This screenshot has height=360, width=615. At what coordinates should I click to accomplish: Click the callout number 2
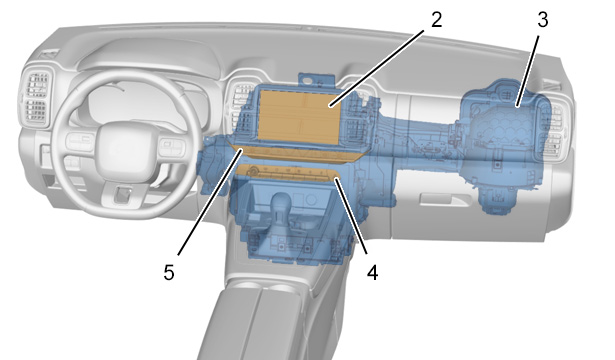[x=437, y=19]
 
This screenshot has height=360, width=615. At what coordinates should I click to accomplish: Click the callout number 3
[x=542, y=19]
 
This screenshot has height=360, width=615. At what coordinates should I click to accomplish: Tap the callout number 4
[x=373, y=272]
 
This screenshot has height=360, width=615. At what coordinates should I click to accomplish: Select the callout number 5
[x=169, y=272]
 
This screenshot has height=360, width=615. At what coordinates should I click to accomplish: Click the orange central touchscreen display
[x=300, y=116]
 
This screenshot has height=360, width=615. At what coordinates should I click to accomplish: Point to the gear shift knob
[x=283, y=203]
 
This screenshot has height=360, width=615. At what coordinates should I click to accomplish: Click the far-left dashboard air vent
[x=36, y=97]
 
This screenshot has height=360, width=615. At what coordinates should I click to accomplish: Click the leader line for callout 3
[x=528, y=71]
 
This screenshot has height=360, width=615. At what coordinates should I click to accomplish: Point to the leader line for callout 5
[x=210, y=203]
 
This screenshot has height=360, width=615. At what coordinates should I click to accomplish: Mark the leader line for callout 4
[x=351, y=216]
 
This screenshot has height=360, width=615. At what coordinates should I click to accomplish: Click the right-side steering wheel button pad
[x=171, y=147]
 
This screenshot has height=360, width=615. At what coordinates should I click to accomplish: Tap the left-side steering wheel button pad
[x=80, y=142]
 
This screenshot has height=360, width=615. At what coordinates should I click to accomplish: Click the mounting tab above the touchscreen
[x=316, y=79]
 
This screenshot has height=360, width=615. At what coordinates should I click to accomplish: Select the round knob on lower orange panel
[x=254, y=170]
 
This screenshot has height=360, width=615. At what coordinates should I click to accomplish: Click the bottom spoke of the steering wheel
[x=125, y=195]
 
